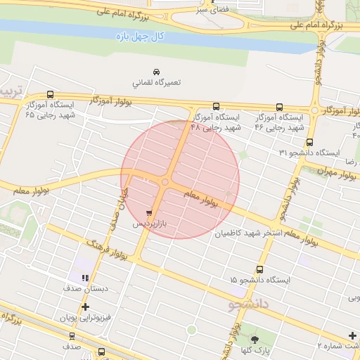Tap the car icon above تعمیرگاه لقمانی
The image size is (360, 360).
coord(156,72)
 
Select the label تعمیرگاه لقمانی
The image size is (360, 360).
coord(156,82)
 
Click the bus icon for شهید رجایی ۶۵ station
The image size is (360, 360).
coord(50,94)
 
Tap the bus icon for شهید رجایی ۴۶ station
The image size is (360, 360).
coord(279,107)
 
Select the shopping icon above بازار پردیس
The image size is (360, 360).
coord(149,212)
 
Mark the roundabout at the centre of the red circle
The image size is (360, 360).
coord(165,183)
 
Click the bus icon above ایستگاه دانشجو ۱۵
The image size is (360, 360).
coord(259,269)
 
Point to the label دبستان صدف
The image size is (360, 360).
coord(85,289)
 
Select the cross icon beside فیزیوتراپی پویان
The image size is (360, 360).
coord(86,307)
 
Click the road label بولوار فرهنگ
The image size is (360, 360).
coord(103,253)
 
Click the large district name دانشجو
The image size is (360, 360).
coord(250,304)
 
